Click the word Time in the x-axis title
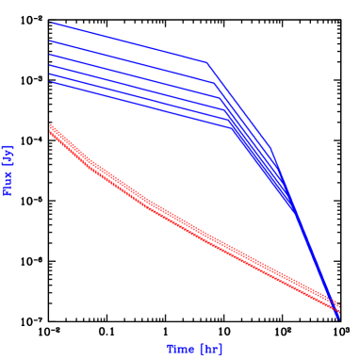point(180,349)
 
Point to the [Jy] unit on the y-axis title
point(9,154)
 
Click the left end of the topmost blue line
point(51,22)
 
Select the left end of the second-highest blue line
point(51,41)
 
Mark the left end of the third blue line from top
point(51,54)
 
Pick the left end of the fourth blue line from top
point(51,65)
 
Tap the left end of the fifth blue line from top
point(51,74)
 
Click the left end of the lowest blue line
point(51,82)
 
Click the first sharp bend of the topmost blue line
point(206,62)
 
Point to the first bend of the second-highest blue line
point(213,82)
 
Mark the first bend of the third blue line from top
point(219,95)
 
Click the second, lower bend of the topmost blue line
point(271,149)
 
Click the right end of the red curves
point(338,307)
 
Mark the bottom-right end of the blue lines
point(338,318)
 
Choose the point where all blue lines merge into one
point(296,211)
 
